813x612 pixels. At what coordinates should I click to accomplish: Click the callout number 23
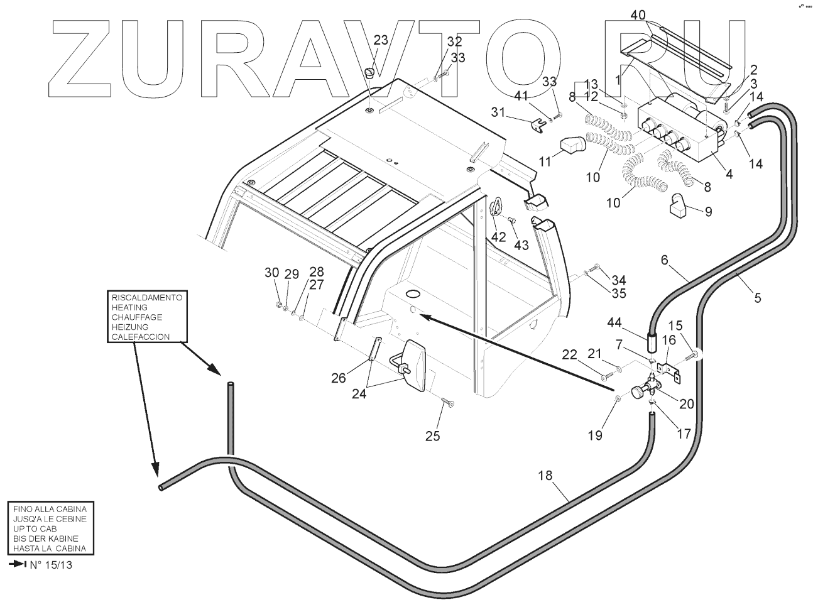point(381,40)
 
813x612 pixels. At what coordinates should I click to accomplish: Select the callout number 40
point(638,14)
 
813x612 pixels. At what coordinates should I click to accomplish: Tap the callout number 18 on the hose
point(545,476)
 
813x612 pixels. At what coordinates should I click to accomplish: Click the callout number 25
point(433,435)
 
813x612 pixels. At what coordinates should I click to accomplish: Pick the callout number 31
point(498,112)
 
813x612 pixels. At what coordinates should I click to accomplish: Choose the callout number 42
point(498,236)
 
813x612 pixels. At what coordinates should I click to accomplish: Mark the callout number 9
point(708,212)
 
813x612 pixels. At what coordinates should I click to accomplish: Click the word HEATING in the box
point(129,307)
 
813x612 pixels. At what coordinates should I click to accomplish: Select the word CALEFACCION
point(140,337)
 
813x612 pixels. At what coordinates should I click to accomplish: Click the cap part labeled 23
point(370,74)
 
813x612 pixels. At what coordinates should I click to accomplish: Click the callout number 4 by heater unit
point(729,175)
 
